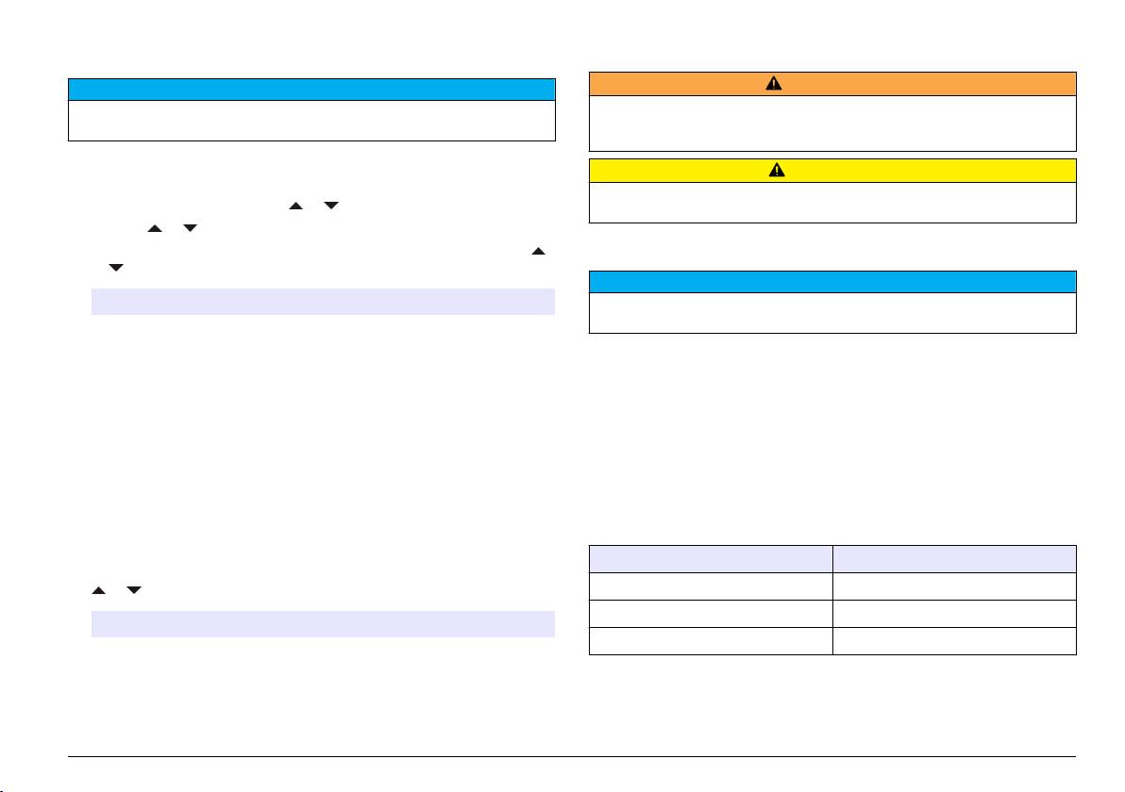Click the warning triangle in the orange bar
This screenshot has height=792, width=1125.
(x=773, y=83)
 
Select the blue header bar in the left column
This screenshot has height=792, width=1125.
(x=311, y=90)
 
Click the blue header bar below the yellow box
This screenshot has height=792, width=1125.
(x=832, y=282)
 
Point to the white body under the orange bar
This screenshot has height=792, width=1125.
(x=832, y=123)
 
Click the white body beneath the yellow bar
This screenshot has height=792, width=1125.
(x=832, y=202)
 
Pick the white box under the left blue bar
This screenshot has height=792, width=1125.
(x=311, y=121)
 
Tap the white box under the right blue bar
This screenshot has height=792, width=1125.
(x=832, y=312)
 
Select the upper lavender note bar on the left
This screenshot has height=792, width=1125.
(x=322, y=301)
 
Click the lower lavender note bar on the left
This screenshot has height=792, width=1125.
(x=322, y=624)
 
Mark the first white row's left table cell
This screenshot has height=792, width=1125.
(x=710, y=586)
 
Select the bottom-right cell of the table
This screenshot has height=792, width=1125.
(x=953, y=640)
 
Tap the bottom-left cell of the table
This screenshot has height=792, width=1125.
(x=710, y=640)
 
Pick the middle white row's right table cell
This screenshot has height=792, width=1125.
(x=953, y=613)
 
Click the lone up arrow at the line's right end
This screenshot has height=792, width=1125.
(x=539, y=252)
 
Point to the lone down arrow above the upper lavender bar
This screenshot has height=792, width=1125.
(x=116, y=269)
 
